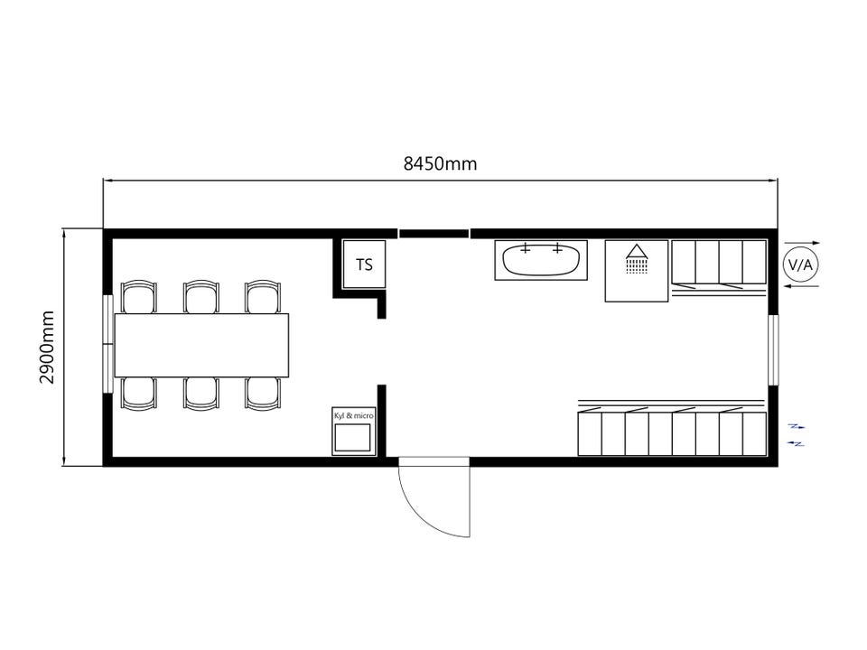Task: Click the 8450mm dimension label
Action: point(440,163)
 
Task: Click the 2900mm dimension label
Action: point(48,347)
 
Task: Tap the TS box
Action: point(364,265)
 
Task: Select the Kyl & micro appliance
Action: point(354,432)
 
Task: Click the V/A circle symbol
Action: point(800,265)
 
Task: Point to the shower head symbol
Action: point(637,258)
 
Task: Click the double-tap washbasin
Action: point(541,260)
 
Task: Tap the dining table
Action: point(201,345)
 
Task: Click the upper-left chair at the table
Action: point(139,297)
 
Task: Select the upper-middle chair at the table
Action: point(201,297)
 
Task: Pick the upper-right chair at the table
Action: point(263,297)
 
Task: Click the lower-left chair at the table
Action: point(139,394)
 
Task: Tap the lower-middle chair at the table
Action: point(201,394)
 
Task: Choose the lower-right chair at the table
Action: point(263,394)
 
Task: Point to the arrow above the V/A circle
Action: point(802,243)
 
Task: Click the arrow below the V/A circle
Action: point(802,286)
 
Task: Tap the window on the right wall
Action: point(774,350)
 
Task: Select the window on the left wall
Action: point(107,344)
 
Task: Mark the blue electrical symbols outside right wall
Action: point(797,435)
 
